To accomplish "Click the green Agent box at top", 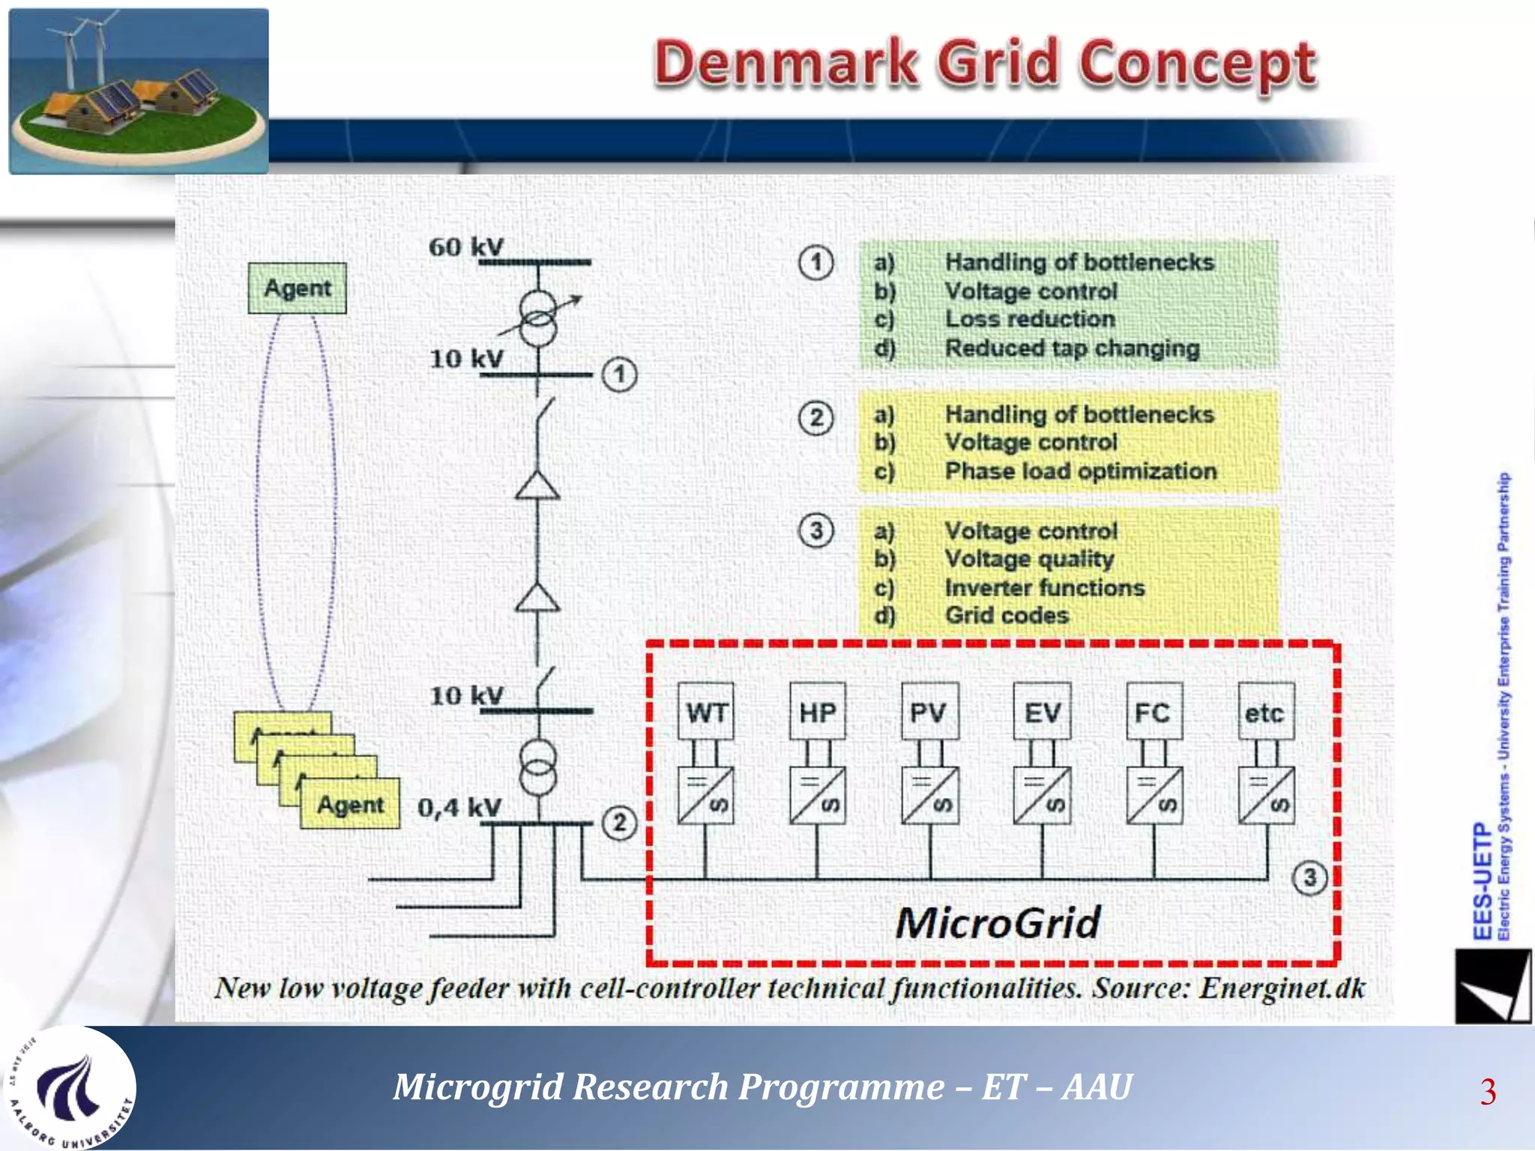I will click(297, 288).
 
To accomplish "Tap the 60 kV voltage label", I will click(465, 247).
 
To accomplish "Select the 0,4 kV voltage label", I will click(459, 807).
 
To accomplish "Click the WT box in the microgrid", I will click(706, 712).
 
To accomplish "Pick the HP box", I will click(818, 712).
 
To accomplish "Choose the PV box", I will click(929, 712).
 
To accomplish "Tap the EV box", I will click(1042, 712).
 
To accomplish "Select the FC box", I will click(1153, 712).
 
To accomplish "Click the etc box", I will click(1265, 712).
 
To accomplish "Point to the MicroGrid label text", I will click(998, 922).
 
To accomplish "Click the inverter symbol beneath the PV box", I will click(930, 795).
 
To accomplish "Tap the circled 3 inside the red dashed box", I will click(1309, 877).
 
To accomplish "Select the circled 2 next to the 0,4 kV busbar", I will click(619, 822).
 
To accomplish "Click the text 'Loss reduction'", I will click(1030, 319).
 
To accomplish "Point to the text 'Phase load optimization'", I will click(1080, 471).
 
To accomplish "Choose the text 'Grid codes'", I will click(1007, 615).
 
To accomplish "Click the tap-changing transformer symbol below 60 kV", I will click(538, 317).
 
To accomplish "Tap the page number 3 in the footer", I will click(1488, 1091).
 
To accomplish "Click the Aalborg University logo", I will click(71, 1089).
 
